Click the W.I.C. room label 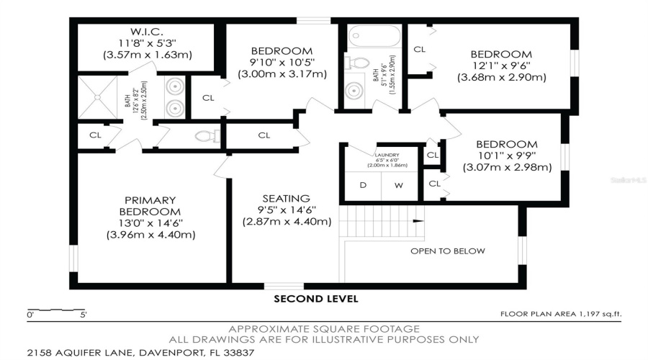(x=148, y=32)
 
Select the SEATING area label (x=286, y=198)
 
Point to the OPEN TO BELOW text (x=447, y=251)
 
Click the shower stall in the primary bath (x=99, y=96)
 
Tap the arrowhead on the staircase (x=420, y=222)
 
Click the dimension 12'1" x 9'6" (x=501, y=66)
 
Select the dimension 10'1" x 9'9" (x=507, y=156)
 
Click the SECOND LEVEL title (x=315, y=299)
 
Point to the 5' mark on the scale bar (x=84, y=315)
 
